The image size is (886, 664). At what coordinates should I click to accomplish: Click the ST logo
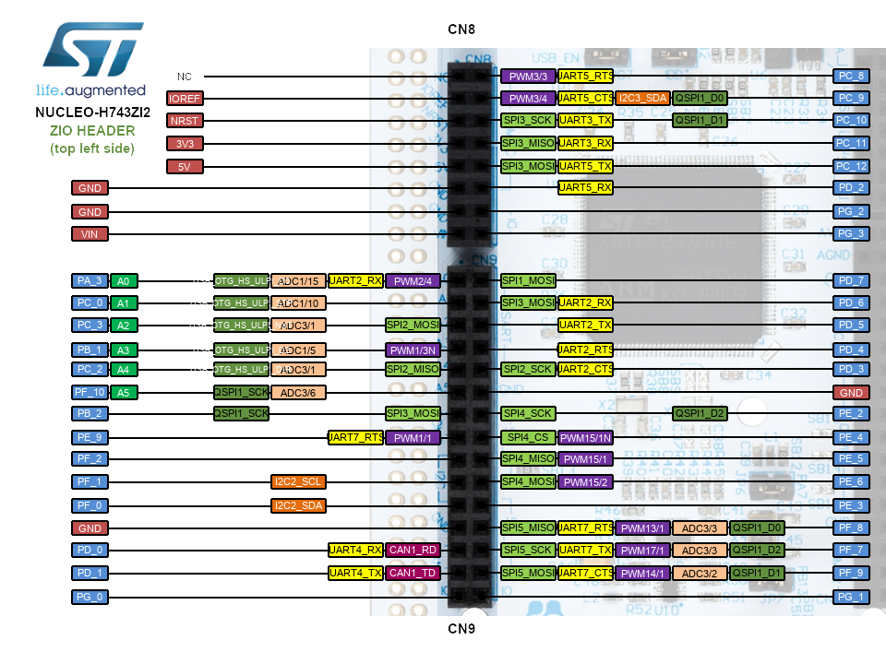pos(90,53)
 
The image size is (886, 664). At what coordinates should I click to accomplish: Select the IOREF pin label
pos(185,98)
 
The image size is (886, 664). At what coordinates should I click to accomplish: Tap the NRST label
pos(185,120)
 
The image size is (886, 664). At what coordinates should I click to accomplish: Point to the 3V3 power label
pos(185,144)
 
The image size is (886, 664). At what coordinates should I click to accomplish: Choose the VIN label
pos(90,234)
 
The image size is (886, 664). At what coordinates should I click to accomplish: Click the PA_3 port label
pos(90,280)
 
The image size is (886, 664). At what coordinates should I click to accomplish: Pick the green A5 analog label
pos(125,392)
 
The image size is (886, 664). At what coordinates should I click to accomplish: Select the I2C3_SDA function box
pos(642,98)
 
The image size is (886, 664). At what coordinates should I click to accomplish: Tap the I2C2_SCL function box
pos(298,481)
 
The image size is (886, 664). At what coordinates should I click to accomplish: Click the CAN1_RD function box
pos(413,550)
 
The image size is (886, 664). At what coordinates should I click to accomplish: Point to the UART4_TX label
pos(355,573)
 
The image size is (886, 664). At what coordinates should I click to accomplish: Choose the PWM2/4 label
pos(413,280)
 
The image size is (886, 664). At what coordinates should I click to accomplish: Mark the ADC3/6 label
pos(298,392)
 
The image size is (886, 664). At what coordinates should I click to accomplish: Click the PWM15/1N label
pos(586,437)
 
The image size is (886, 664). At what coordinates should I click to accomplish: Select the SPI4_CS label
pos(528,437)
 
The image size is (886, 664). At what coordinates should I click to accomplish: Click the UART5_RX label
pos(586,188)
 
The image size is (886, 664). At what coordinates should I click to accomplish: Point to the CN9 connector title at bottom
pos(461,630)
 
